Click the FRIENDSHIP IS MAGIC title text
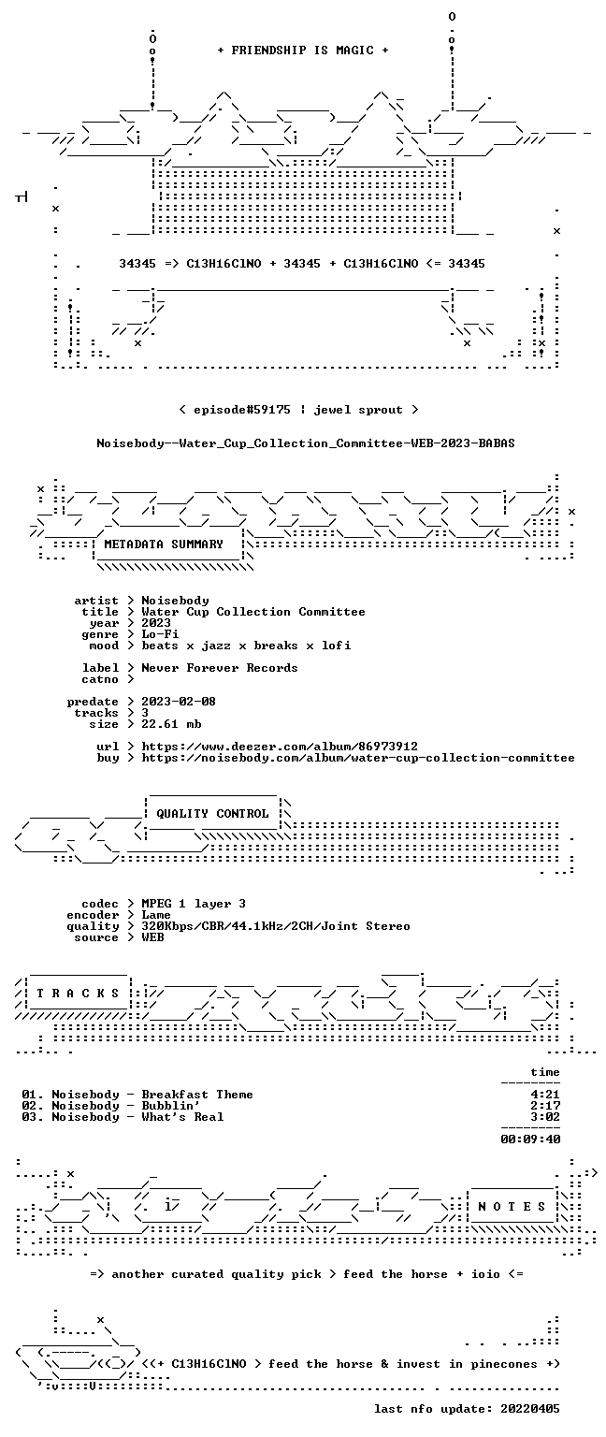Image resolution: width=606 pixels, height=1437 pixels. coord(303,51)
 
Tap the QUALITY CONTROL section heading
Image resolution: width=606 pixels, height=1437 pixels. coord(212,814)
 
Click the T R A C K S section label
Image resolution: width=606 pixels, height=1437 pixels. coord(79,994)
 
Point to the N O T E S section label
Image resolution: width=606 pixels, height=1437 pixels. coord(512,1208)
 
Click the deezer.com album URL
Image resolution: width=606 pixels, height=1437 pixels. coord(280,747)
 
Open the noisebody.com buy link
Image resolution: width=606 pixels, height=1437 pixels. coord(358,759)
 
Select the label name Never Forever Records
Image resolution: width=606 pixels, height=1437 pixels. coord(220,668)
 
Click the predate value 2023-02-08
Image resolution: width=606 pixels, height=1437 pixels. coord(179,702)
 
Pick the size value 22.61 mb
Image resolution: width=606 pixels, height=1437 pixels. coord(171,724)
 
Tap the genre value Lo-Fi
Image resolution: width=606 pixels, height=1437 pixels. coord(160,634)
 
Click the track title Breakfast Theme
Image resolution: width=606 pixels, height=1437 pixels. coord(197,1095)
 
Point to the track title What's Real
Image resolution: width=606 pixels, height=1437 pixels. coord(182,1117)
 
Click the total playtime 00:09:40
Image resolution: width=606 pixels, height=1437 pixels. coord(530,1139)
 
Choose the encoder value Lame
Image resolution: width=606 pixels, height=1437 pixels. coord(156,916)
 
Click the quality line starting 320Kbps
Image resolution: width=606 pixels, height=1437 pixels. coord(276,926)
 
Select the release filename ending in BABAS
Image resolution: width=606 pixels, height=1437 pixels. coord(305,443)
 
